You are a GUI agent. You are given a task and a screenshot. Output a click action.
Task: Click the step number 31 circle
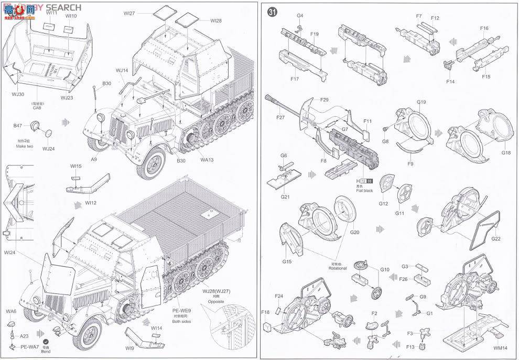[x=272, y=13]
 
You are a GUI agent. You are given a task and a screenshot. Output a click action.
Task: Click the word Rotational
[x=338, y=268]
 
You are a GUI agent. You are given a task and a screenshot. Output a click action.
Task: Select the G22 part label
[x=495, y=239]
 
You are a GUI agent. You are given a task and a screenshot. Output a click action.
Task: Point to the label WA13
[x=207, y=160]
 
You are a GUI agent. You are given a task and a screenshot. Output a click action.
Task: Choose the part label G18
[x=505, y=152]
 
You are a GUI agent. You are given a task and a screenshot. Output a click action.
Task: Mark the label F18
[x=265, y=312]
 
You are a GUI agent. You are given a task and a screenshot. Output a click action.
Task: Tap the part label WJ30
[x=18, y=95]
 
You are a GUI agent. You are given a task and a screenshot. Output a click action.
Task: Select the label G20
[x=354, y=232]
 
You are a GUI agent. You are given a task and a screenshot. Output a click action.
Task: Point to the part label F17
[x=294, y=79]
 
